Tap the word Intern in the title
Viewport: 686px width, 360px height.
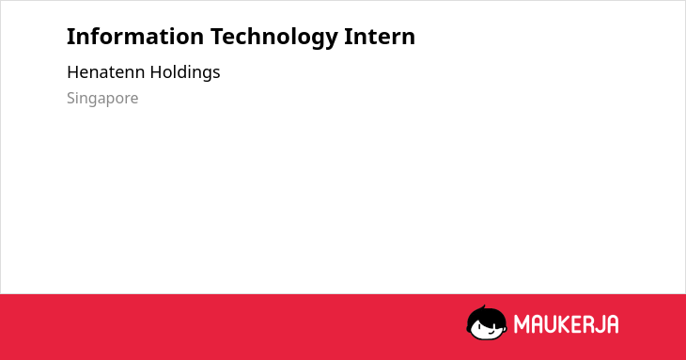coord(380,37)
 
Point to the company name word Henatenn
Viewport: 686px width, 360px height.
coord(105,72)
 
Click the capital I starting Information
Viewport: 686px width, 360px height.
coord(70,37)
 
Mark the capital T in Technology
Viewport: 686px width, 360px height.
coord(217,37)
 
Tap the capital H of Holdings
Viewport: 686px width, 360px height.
coord(156,72)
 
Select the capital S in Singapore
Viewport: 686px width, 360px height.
coord(71,98)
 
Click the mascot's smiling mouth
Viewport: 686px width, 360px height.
coord(491,332)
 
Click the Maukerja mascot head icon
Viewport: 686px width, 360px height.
coord(487,322)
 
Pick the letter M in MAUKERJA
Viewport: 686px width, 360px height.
coord(522,324)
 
